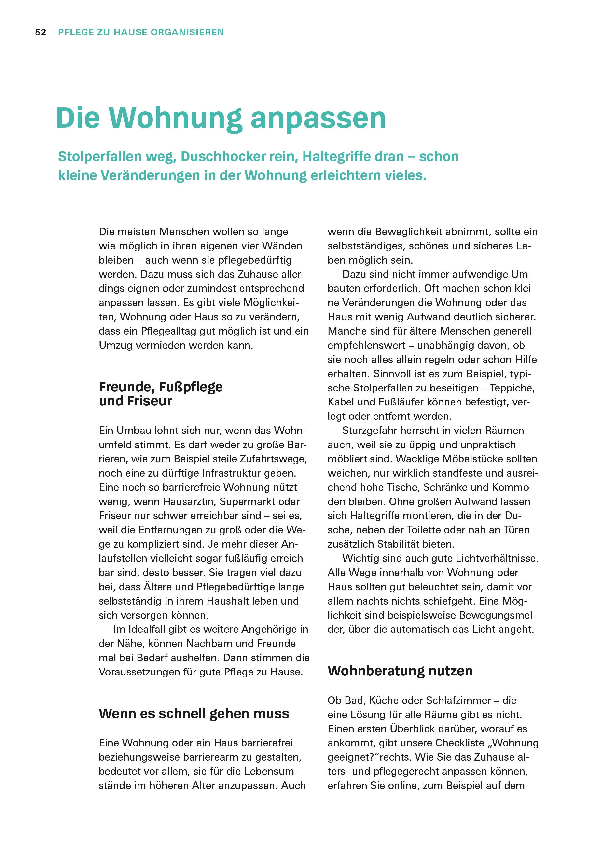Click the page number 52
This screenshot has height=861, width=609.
tap(41, 33)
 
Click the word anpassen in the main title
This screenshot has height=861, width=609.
tap(318, 119)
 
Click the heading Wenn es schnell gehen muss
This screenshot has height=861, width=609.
tap(194, 714)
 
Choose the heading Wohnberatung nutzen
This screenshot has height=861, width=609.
tap(400, 671)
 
